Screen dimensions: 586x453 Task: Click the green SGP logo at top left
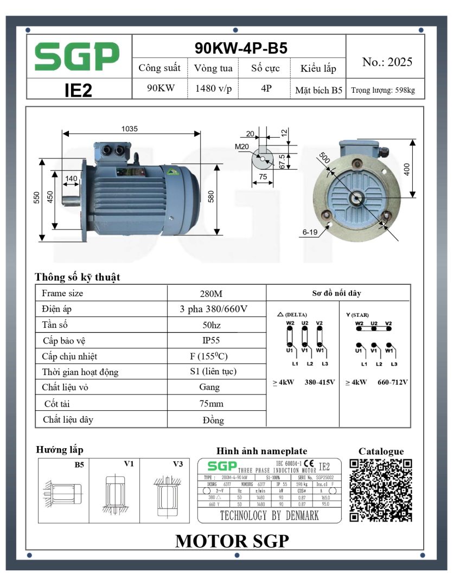[77, 56]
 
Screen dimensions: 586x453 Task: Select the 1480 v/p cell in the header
[213, 89]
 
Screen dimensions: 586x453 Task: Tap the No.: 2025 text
[387, 62]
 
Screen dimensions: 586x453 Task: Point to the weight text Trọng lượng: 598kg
[383, 90]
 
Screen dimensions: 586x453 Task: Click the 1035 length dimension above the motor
[129, 129]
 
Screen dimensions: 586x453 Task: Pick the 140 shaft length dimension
[71, 179]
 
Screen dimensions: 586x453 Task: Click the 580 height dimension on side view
[212, 196]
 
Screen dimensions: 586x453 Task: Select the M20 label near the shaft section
[241, 146]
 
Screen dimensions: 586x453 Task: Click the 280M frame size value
[210, 294]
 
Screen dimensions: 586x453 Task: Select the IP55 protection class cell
[210, 340]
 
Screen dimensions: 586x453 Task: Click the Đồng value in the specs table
[210, 420]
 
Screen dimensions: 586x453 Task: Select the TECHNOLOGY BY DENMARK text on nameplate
[269, 515]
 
